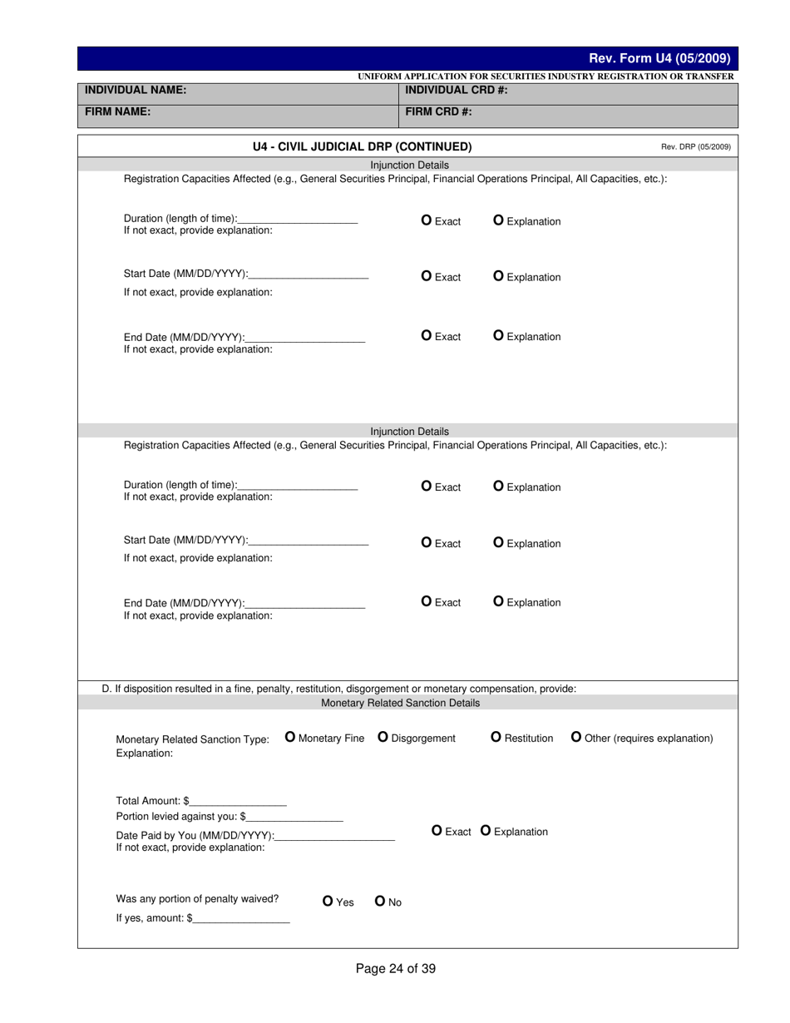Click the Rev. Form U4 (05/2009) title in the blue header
click(659, 58)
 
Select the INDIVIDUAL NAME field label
click(136, 90)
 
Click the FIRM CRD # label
click(439, 111)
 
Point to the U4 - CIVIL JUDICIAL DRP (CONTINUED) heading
click(362, 147)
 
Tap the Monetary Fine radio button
click(290, 737)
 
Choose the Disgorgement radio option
click(383, 737)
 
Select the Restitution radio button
click(496, 737)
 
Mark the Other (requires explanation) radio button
click(576, 737)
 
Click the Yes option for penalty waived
click(328, 901)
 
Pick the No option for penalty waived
click(380, 901)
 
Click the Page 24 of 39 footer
click(395, 968)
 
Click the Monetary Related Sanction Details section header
click(400, 703)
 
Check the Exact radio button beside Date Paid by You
click(437, 831)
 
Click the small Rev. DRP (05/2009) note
click(695, 147)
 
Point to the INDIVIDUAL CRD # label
click(456, 90)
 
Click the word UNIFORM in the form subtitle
click(379, 77)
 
